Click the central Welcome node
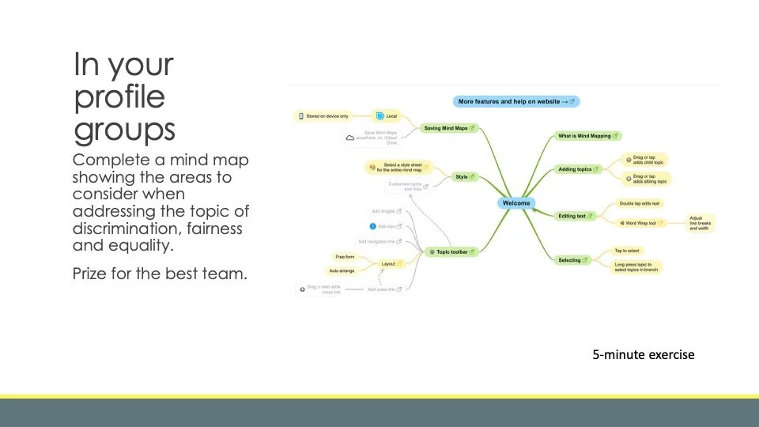pos(516,203)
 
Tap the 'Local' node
pos(387,116)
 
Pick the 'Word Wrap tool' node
pos(644,223)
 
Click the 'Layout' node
pos(391,263)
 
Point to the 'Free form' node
pos(346,257)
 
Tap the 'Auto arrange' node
pos(342,270)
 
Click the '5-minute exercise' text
pos(644,354)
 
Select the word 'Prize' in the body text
pos(91,274)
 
